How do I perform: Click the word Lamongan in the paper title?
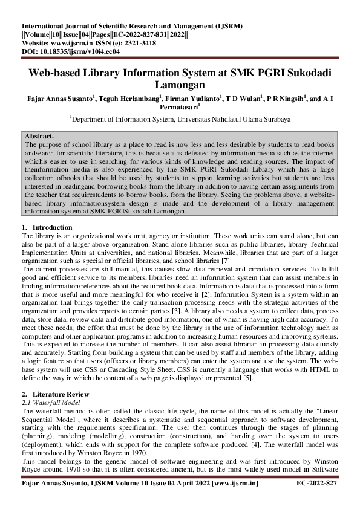(x=180, y=85)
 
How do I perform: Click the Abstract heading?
(x=39, y=137)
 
